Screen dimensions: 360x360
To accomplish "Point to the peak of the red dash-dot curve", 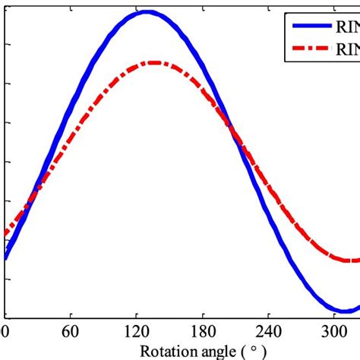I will [x=153, y=62].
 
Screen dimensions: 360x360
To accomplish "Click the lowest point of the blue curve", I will [x=343, y=310].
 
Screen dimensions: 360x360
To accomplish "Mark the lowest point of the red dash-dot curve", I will [x=350, y=261].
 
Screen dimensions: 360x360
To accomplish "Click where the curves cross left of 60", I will [x=32, y=199].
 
